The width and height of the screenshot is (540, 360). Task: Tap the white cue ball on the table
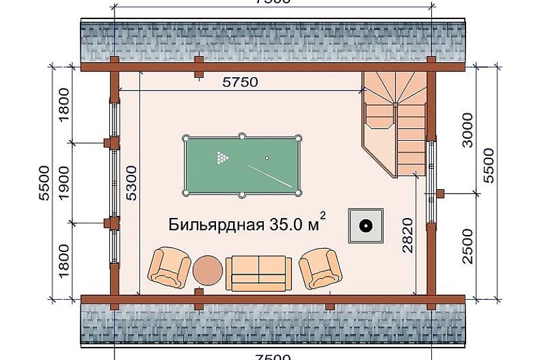coord(266,158)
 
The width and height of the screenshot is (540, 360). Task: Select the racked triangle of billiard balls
coord(221,157)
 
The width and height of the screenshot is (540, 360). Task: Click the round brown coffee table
coord(208,270)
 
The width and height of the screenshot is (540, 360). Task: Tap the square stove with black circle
coord(365,226)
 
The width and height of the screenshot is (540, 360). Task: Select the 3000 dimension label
coord(467,130)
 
